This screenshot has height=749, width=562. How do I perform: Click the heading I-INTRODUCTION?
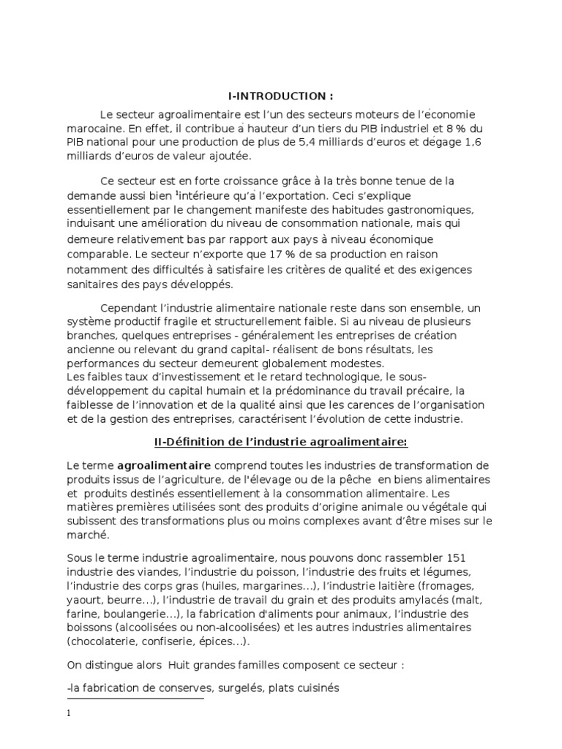tap(282, 96)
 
